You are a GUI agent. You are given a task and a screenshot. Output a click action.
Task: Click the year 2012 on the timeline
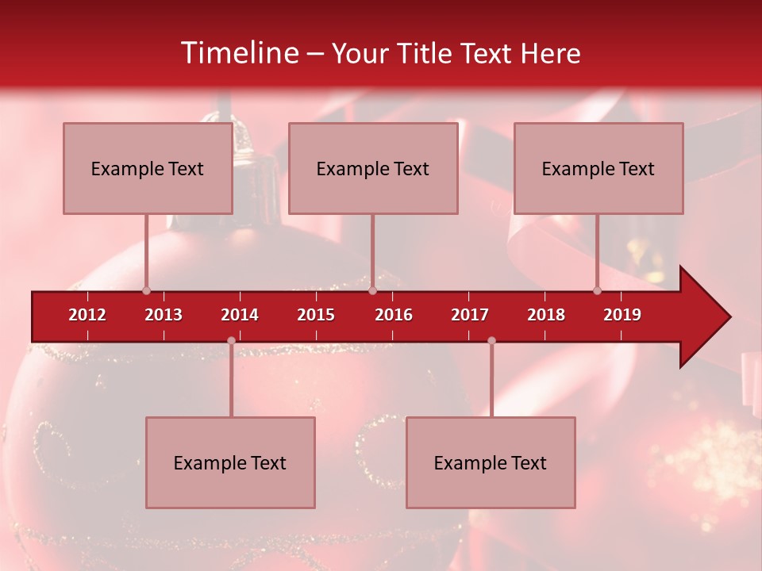(87, 315)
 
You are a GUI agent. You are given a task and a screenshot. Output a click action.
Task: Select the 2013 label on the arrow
(164, 315)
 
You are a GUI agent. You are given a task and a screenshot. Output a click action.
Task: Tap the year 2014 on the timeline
(240, 315)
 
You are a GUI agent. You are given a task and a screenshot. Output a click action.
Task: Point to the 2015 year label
(316, 315)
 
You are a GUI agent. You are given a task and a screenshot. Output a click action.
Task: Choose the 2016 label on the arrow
(394, 315)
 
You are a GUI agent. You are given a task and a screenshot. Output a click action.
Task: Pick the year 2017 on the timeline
(470, 315)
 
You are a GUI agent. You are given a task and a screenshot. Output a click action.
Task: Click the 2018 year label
(546, 315)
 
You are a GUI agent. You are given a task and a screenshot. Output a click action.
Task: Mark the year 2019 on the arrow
(622, 315)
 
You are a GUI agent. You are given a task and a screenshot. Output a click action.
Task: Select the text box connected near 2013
(148, 168)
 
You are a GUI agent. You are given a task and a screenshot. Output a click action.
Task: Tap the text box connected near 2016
(373, 168)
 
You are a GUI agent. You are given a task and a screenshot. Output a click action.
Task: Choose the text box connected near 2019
(598, 168)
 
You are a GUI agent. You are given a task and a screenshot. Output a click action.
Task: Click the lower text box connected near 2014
(230, 462)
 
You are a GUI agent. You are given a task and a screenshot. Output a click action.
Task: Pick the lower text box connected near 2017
(491, 462)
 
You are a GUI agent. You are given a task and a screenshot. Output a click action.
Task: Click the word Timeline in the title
(238, 53)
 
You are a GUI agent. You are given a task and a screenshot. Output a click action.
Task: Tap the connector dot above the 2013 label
(146, 290)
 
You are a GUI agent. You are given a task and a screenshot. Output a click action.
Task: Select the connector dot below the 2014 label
(231, 340)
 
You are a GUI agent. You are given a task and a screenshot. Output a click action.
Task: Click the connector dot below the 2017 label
(491, 340)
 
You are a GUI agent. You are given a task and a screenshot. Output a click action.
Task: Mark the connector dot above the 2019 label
(597, 290)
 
